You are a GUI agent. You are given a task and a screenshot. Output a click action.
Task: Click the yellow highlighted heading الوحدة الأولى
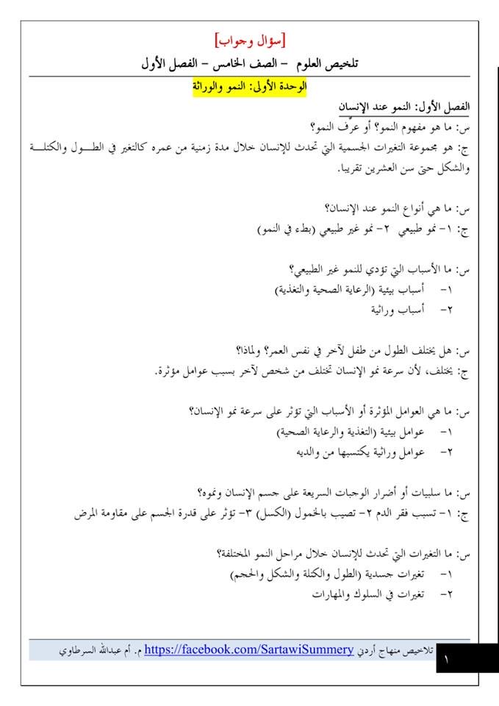[251, 88]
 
